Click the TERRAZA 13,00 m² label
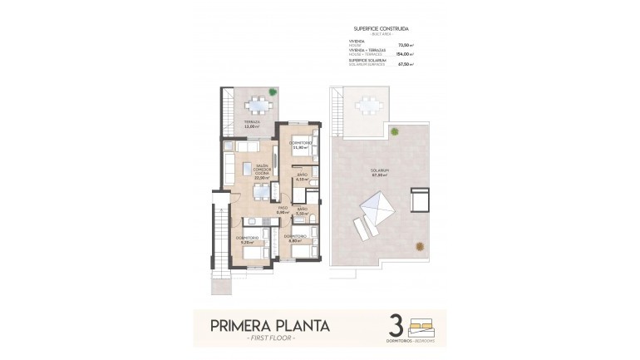(x=251, y=124)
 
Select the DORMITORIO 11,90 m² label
(x=300, y=145)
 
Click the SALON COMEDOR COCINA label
(x=263, y=171)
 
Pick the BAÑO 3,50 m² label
(x=303, y=210)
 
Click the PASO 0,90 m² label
(x=283, y=210)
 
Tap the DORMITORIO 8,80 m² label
(x=295, y=239)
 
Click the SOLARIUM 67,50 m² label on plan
(x=381, y=172)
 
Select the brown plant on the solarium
(x=421, y=245)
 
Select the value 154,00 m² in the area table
(x=406, y=52)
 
